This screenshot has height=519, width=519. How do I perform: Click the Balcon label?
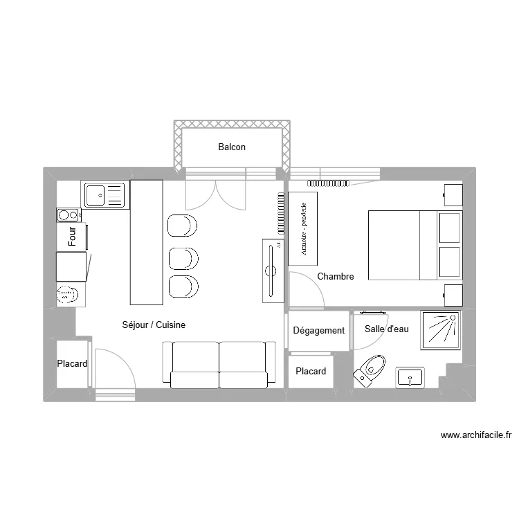pos(232,147)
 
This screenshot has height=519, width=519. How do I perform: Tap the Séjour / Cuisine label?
pos(154,325)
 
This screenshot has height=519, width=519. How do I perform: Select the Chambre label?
pos(336,277)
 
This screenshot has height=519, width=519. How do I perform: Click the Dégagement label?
pos(318,331)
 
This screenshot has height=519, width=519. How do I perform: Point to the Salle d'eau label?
pos(387,329)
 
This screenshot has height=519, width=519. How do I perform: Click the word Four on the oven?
pos(73,237)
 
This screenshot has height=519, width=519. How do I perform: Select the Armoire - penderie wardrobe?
pos(303,228)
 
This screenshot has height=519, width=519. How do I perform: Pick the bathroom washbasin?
pos(410,378)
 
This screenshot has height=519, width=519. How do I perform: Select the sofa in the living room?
pos(219,364)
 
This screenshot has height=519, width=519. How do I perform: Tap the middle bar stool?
pos(183,257)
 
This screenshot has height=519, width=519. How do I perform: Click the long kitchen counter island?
pos(147,242)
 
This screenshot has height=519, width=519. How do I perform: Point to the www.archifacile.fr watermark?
pos(476,435)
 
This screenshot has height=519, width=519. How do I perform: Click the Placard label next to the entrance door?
pos(72,364)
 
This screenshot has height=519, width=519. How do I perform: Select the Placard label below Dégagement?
pos(311,372)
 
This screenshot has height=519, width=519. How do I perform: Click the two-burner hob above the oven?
pos(69,215)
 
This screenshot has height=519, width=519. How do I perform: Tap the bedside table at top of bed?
pos(453,194)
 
